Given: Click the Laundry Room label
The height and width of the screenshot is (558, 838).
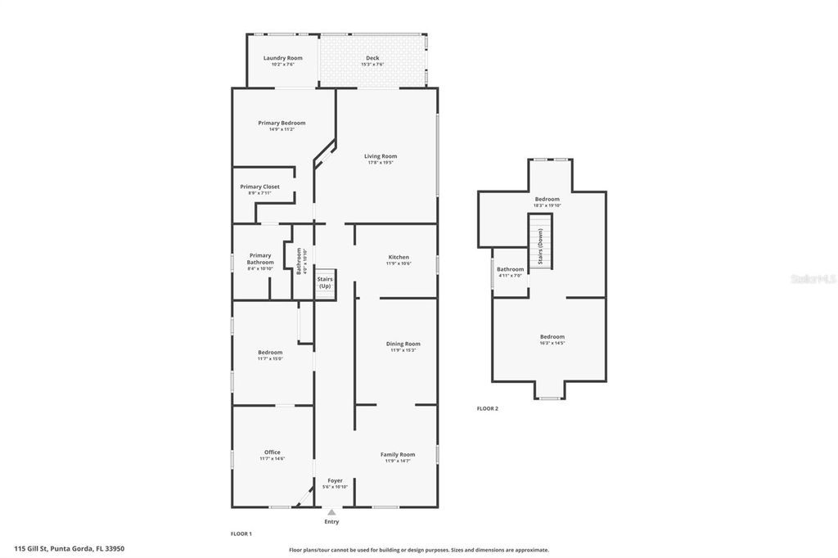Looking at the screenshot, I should [282, 58].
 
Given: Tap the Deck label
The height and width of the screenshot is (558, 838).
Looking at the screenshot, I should [372, 58].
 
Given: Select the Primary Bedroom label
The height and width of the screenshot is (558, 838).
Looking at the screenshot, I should [282, 123].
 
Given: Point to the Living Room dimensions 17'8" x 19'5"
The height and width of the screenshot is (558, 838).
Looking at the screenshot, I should [381, 163].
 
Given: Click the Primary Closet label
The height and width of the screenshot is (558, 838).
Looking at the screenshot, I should [259, 187].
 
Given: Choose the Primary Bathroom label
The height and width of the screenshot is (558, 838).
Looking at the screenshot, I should [259, 259].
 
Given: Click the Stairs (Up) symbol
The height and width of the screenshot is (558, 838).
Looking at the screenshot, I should [325, 283].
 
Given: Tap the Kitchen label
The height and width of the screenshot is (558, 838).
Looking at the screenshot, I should [399, 257].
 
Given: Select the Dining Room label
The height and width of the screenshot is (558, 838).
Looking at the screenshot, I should [403, 344].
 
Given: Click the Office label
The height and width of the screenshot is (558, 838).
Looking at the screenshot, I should [272, 452].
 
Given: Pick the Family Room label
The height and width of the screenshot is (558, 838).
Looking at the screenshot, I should [397, 454].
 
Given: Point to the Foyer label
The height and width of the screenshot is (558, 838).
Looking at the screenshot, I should [335, 480].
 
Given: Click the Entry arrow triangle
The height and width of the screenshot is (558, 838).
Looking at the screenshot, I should [331, 512].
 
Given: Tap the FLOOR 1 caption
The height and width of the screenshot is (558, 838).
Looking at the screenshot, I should [241, 533].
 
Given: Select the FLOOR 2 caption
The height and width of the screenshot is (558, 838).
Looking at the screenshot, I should [487, 408].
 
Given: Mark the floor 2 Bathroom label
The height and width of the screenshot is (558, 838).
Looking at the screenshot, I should [510, 269].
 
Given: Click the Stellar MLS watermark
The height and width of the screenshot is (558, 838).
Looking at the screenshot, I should [812, 279].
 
